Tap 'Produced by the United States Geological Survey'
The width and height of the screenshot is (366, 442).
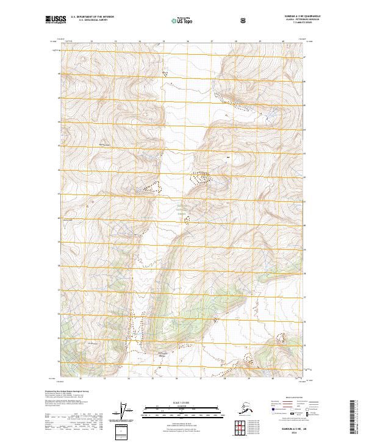click(x=67, y=391)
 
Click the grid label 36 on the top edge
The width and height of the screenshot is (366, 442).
click(x=187, y=41)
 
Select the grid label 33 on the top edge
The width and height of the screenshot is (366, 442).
click(x=115, y=41)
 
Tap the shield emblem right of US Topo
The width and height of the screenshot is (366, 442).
click(x=243, y=20)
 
